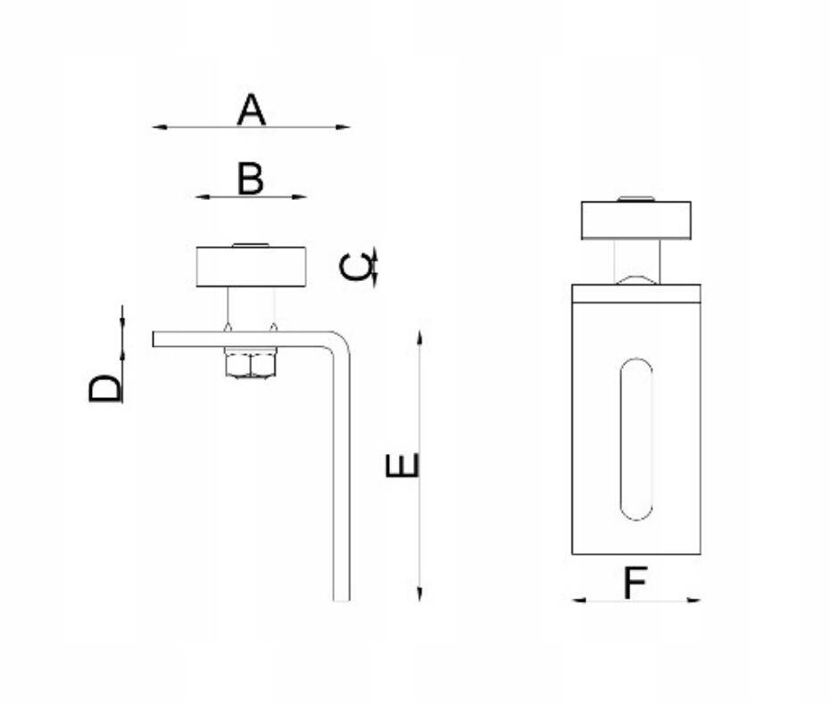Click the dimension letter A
251,110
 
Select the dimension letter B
251,178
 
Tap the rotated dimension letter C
356,267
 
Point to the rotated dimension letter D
104,388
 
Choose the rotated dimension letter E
402,466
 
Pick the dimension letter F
635,583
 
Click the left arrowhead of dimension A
160,127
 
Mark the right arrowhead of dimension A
343,127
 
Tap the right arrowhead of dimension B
300,197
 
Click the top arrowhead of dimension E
419,337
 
